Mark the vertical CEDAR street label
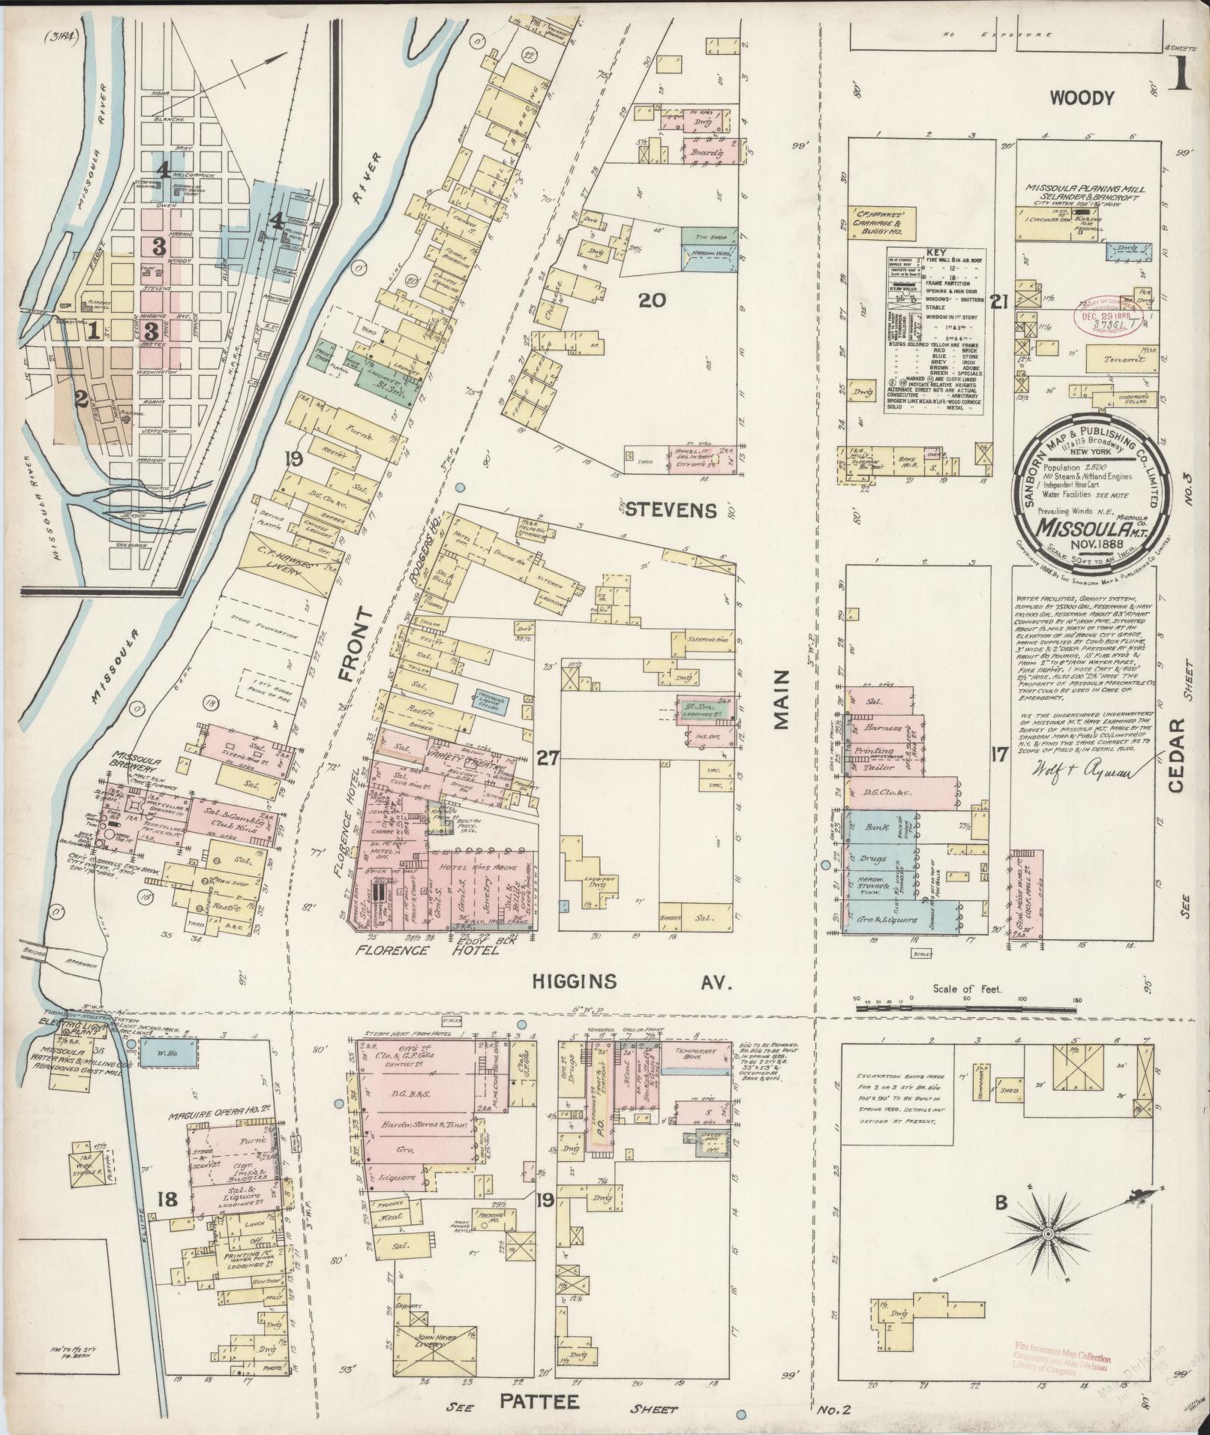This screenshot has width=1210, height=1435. (1175, 755)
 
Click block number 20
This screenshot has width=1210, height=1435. (651, 301)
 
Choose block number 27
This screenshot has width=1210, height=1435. (548, 758)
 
